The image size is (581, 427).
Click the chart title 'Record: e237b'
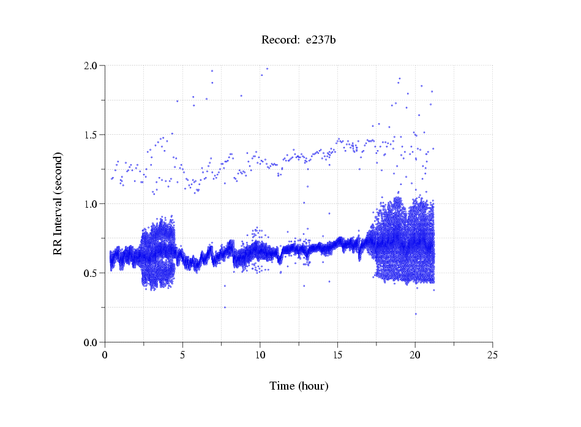pyautogui.click(x=299, y=40)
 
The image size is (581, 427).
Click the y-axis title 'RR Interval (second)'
pyautogui.click(x=58, y=203)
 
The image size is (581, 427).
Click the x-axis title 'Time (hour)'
pyautogui.click(x=299, y=386)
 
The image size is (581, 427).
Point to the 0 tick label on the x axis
pyautogui.click(x=105, y=355)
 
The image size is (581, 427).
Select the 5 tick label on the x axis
pyautogui.click(x=182, y=355)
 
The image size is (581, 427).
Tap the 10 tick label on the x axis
pyautogui.click(x=260, y=355)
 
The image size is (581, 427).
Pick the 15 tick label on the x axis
pyautogui.click(x=337, y=355)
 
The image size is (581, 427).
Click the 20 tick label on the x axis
pyautogui.click(x=415, y=355)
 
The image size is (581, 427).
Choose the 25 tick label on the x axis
pyautogui.click(x=492, y=355)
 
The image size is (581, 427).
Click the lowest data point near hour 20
pyautogui.click(x=416, y=314)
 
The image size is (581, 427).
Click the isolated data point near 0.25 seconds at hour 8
pyautogui.click(x=225, y=308)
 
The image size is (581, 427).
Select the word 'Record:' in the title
pyautogui.click(x=279, y=40)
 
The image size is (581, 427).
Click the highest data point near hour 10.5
pyautogui.click(x=267, y=69)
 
